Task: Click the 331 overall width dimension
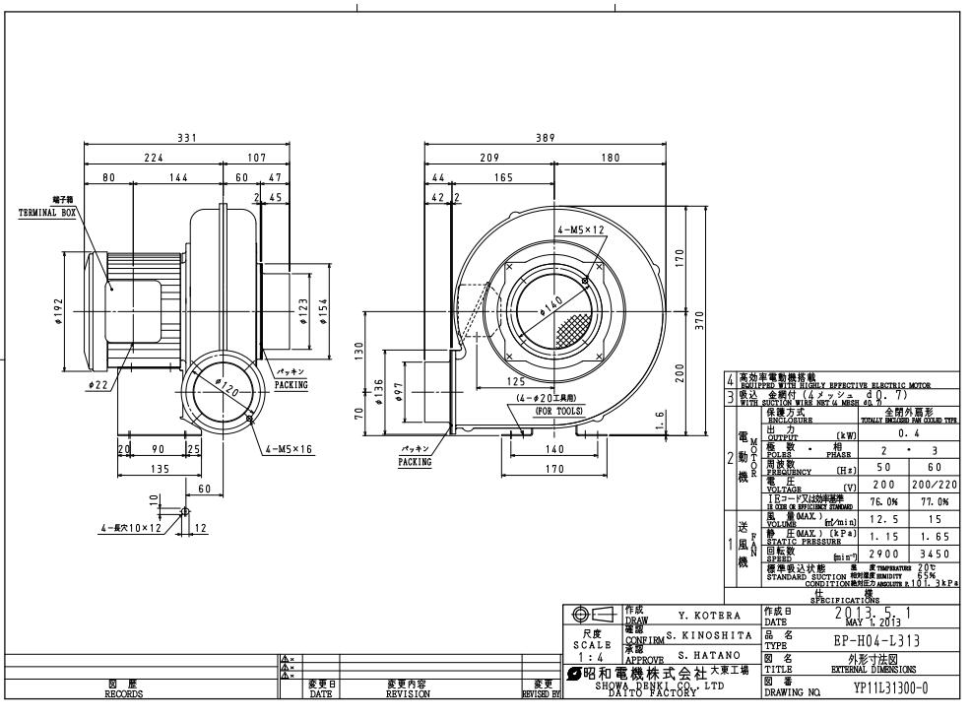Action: tap(186, 138)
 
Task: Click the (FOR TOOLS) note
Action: tap(555, 411)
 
